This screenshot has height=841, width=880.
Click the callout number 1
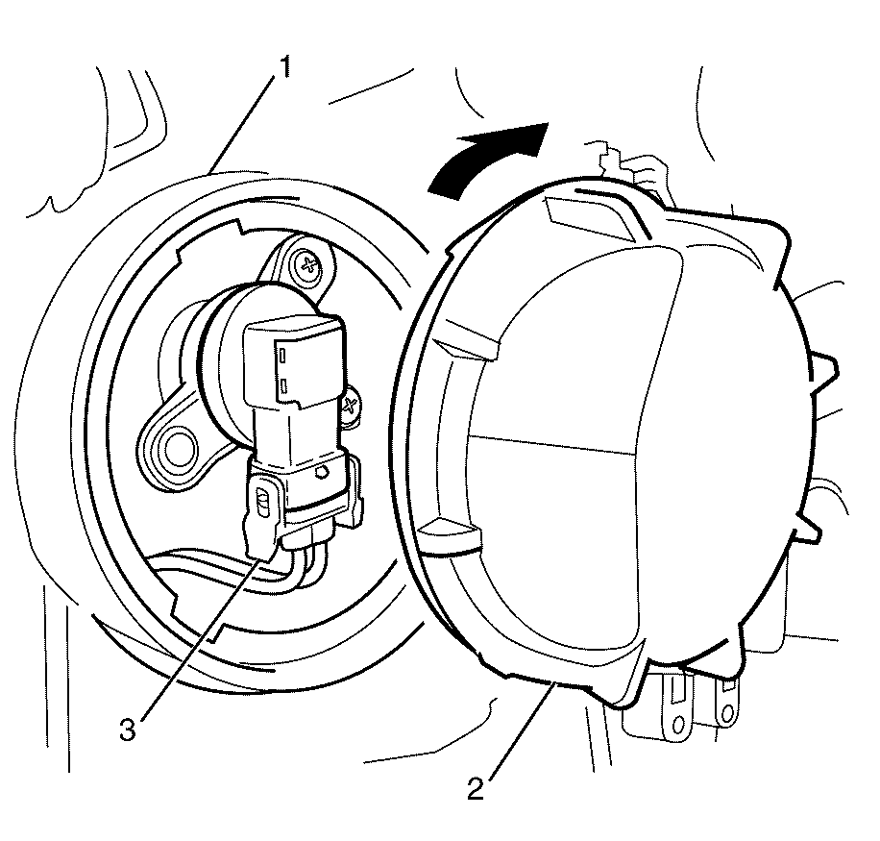[x=285, y=68]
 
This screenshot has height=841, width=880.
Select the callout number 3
[x=128, y=730]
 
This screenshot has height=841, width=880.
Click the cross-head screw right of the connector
[x=350, y=406]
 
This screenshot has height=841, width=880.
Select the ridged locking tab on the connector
[x=262, y=502]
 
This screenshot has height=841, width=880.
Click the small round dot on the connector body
[x=322, y=472]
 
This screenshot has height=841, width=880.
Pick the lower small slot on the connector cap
[x=284, y=384]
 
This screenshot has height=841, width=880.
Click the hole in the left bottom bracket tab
[x=678, y=725]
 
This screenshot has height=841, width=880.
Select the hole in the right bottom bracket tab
[x=727, y=713]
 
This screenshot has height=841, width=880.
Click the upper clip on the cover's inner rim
[x=467, y=341]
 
